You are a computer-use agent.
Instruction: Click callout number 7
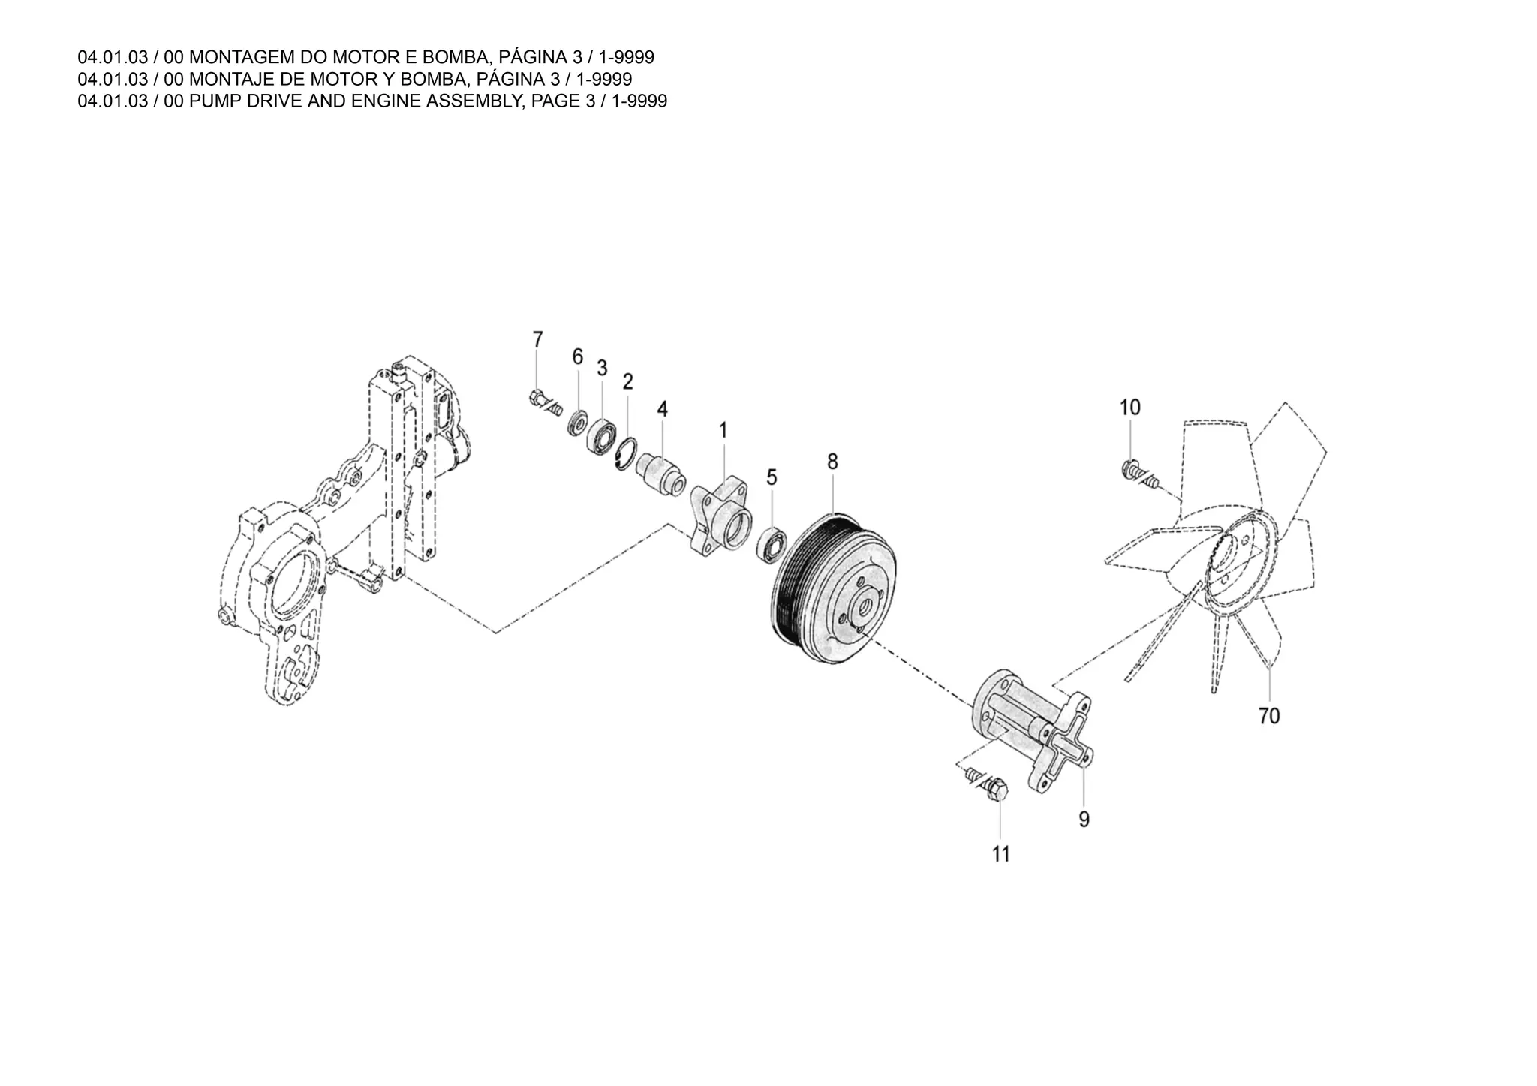click(537, 339)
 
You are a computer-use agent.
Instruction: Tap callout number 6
click(577, 356)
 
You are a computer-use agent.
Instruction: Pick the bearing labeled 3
click(602, 436)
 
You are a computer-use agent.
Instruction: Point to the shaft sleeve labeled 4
click(660, 474)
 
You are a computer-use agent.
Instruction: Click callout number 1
click(723, 430)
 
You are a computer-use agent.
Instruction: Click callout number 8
click(832, 462)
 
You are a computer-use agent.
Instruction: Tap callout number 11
click(1001, 854)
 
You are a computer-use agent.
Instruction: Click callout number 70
click(1268, 716)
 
